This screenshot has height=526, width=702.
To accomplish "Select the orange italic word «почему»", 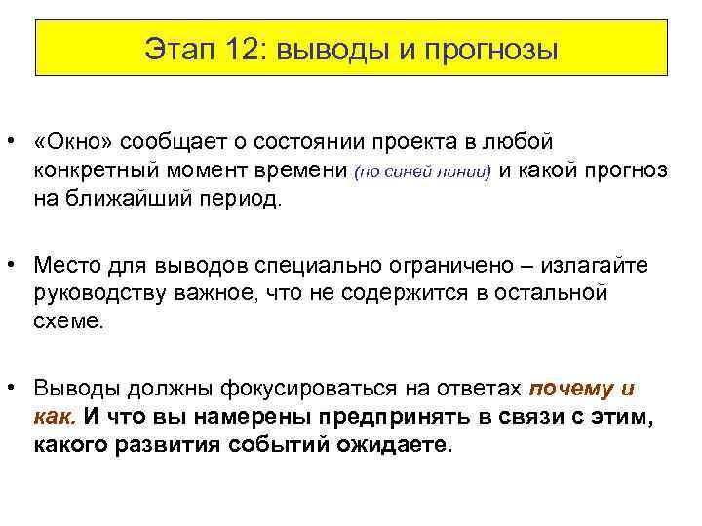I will coord(569,388).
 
